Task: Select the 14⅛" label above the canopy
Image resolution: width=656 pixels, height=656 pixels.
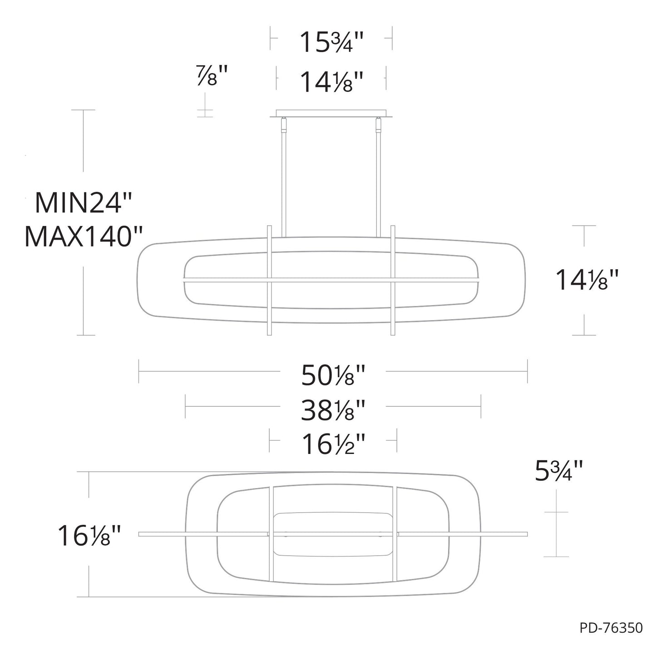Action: [331, 82]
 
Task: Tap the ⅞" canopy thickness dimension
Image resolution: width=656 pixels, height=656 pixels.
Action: [212, 75]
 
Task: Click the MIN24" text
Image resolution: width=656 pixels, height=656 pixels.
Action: [83, 203]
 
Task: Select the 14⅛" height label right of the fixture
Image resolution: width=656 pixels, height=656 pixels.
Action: [587, 280]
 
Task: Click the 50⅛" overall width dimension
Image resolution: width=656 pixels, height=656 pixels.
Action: [333, 375]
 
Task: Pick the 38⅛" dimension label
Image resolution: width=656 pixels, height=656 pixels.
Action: [333, 410]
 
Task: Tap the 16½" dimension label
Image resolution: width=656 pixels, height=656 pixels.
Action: [334, 444]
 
